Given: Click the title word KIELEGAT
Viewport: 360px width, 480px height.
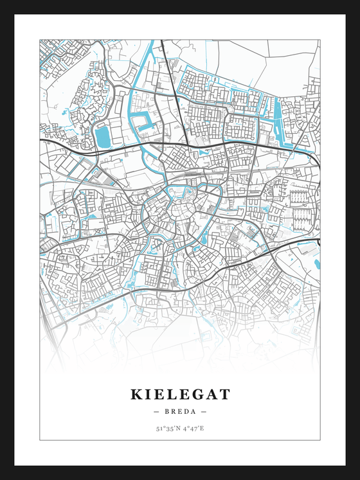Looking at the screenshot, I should click(180, 393).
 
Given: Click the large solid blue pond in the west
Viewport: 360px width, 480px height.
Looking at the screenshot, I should click(103, 136).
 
